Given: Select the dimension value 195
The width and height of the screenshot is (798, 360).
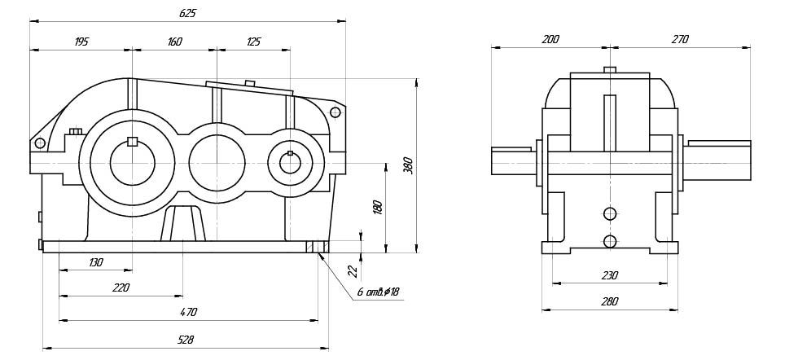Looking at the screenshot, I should [x=81, y=42].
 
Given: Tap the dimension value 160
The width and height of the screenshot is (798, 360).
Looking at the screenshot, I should [x=174, y=42].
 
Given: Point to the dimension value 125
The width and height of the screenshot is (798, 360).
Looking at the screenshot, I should [x=252, y=42].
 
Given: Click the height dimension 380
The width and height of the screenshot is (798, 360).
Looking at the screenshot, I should [x=409, y=165].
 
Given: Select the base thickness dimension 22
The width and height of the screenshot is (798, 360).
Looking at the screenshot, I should [x=353, y=271].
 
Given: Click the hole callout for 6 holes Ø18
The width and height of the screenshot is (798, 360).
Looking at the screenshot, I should [x=378, y=292].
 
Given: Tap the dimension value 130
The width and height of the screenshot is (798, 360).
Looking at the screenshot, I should [x=96, y=262].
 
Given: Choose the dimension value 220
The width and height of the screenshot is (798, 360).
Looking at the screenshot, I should [x=121, y=287].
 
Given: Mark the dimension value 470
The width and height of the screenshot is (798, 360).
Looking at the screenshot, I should [x=188, y=311].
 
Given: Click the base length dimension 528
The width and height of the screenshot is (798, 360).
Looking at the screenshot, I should [x=186, y=340].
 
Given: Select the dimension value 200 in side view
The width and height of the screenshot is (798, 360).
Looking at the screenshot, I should [x=550, y=39].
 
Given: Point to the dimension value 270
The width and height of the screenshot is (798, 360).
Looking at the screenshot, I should [x=680, y=39].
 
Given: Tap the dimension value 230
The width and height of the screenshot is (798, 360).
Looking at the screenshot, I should [x=609, y=275].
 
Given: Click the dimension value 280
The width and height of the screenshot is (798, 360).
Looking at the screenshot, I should [x=609, y=301].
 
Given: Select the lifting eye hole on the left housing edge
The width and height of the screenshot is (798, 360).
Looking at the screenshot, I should [x=39, y=143].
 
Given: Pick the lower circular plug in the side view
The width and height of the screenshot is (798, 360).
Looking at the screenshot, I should [x=610, y=241].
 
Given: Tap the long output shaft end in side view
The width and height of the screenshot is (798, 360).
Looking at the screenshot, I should [x=718, y=158].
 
